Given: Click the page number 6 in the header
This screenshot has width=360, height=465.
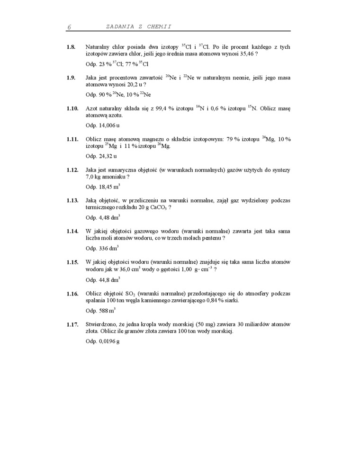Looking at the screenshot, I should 69,27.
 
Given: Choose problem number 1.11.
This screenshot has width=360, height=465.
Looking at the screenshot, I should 72,140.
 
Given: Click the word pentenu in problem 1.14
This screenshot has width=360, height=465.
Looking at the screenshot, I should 211,238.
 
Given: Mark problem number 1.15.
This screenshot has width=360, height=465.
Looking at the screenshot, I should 72,262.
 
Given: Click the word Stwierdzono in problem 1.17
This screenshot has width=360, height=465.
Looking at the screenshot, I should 100,324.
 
